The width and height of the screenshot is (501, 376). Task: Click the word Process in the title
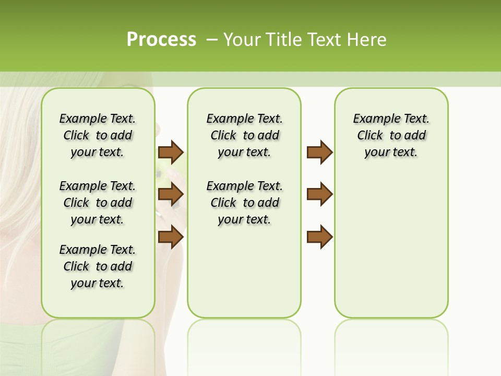tap(161, 39)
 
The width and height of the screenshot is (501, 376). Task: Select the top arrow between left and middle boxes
tap(171, 152)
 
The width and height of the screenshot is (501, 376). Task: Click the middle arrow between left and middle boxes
tap(171, 195)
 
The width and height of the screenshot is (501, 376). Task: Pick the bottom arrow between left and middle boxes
tap(171, 237)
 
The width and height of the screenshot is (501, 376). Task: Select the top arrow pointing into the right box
tap(319, 152)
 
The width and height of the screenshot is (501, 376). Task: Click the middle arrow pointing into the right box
tap(319, 194)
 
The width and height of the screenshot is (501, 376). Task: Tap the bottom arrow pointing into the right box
tap(319, 237)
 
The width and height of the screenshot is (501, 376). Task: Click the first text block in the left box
tap(98, 135)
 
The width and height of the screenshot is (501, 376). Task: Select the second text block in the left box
tap(98, 203)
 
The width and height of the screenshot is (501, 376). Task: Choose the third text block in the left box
tap(98, 266)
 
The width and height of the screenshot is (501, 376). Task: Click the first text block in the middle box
tap(244, 135)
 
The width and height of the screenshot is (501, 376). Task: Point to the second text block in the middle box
tap(244, 203)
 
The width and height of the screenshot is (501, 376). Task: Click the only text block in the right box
tap(391, 135)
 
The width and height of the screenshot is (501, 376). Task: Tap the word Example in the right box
tap(373, 119)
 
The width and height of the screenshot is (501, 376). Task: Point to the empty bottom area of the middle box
tap(244, 277)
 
